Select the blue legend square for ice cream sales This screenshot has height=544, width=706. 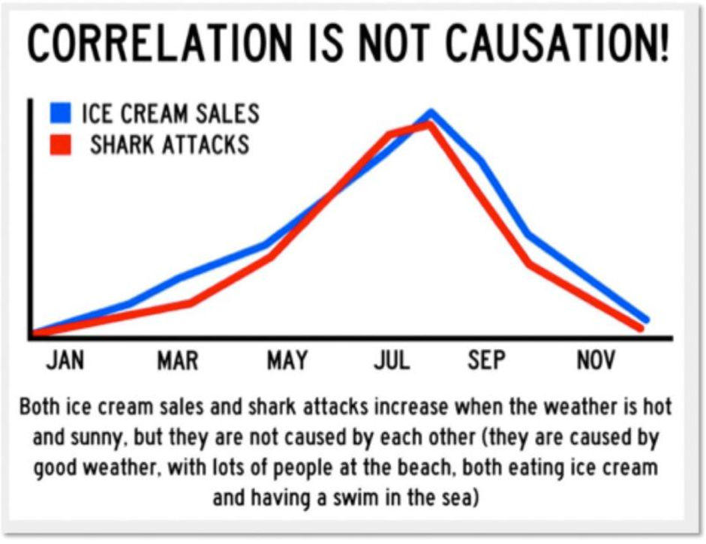pos(61,113)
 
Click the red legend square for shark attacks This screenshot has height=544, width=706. pos(61,144)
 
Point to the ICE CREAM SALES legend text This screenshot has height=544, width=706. pos(170,113)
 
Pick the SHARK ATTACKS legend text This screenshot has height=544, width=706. pos(170,144)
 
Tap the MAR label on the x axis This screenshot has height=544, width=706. pos(178,361)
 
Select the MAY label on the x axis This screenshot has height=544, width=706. pos(287,361)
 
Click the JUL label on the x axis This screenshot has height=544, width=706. pos(392,361)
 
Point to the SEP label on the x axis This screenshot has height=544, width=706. pos(487,361)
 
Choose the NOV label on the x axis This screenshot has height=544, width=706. pos(596,361)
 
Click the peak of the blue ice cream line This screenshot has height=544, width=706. pos(431,113)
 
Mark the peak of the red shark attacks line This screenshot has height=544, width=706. pos(428,124)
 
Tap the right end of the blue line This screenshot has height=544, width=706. pos(646,320)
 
